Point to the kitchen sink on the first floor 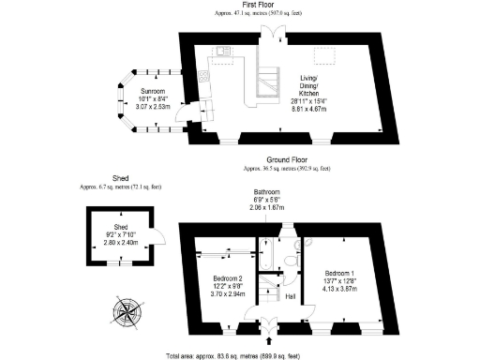pos(222,52)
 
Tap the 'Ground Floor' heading pos(286,161)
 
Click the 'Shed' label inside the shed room pos(120,226)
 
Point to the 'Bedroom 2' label pos(228,279)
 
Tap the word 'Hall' pos(290,295)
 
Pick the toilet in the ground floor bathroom pos(298,246)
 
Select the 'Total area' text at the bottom pos(247,355)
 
